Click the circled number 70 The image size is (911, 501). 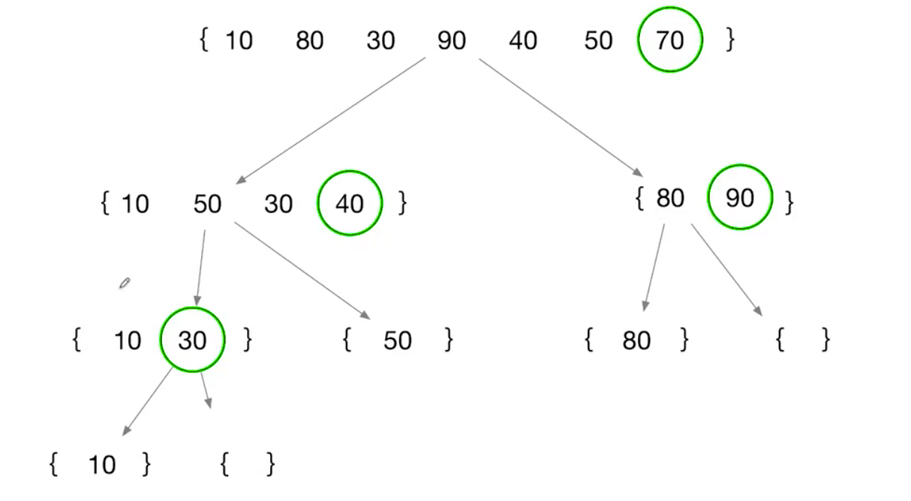point(669,40)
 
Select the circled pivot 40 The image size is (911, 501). point(350,203)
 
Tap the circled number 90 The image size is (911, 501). point(740,198)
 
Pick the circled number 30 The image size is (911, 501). point(192,340)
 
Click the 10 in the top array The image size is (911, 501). point(239,40)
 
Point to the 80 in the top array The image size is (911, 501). point(309,40)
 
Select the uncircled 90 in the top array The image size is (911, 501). point(451,40)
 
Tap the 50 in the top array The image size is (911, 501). point(598,40)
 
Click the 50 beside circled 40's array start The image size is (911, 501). point(207,203)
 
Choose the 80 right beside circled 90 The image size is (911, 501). point(669,199)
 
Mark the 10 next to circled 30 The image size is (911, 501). point(128,341)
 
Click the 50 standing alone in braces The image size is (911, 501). point(397,341)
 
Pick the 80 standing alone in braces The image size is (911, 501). point(636,341)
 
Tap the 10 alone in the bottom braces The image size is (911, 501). point(102,466)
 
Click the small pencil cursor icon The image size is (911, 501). point(125,283)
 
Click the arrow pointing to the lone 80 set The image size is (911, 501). point(654,266)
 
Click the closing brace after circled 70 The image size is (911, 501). point(729,40)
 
